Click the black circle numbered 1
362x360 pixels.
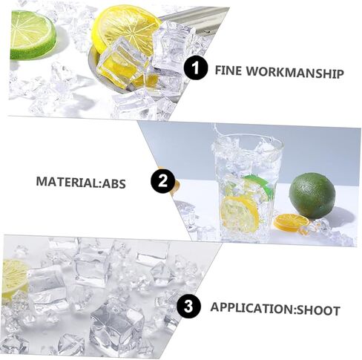pos(196,68)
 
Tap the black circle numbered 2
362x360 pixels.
pos(162,180)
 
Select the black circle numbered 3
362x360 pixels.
pos(188,307)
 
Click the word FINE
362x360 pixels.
pos(228,71)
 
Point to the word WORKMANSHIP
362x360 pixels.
pos(294,73)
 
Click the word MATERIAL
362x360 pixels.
pos(68,182)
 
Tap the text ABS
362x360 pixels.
pos(114,183)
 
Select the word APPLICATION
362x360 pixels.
pos(251,308)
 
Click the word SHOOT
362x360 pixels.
pos(318,310)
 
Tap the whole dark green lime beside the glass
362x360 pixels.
pos(312,196)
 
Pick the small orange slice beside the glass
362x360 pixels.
pos(292,222)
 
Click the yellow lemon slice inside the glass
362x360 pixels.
pos(240,214)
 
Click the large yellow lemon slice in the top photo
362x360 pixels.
pos(126,31)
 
